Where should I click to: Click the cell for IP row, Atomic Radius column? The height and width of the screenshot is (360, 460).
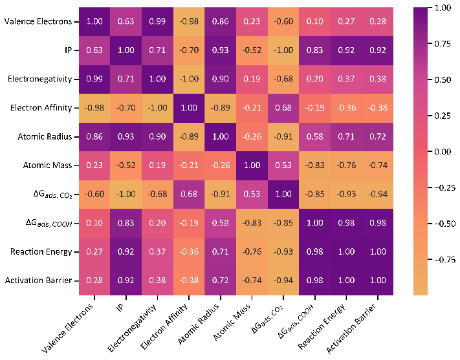pyautogui.click(x=221, y=50)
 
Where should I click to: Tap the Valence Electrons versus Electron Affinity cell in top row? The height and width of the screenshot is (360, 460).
pyautogui.click(x=189, y=21)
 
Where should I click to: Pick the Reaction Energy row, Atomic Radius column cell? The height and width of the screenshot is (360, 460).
pyautogui.click(x=221, y=251)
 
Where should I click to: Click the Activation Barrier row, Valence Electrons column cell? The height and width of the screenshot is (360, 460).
pyautogui.click(x=94, y=281)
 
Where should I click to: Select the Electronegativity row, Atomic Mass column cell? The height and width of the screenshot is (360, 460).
pyautogui.click(x=252, y=79)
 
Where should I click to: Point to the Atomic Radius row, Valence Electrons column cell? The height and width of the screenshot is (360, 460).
pyautogui.click(x=94, y=136)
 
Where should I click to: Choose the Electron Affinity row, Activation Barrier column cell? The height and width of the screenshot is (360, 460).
pyautogui.click(x=378, y=107)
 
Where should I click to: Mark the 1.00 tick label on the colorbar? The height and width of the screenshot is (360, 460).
pyautogui.click(x=442, y=8)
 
